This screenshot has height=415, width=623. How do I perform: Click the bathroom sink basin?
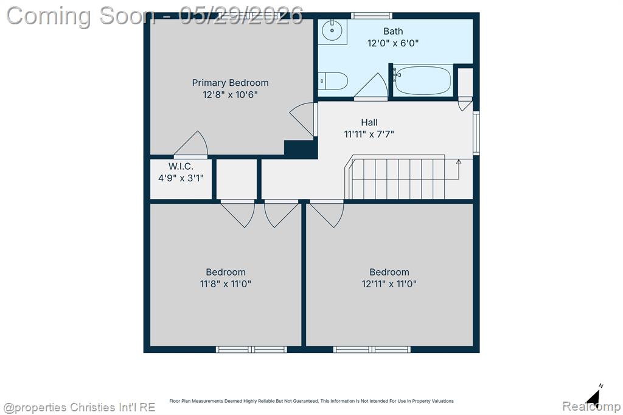332,30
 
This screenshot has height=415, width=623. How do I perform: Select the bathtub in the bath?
423,80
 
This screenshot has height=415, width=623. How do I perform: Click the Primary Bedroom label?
230,83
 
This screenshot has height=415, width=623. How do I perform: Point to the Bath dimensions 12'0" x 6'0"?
393,43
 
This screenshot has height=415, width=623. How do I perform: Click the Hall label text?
369,122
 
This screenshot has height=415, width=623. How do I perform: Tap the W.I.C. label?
181,166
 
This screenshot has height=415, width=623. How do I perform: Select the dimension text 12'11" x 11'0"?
389,284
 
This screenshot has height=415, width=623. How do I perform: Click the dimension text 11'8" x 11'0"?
225,284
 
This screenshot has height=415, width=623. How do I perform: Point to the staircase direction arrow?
459,169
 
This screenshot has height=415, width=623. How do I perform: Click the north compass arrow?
594,396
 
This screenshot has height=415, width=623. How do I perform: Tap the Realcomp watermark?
591,406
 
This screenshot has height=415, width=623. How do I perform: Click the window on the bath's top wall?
372,15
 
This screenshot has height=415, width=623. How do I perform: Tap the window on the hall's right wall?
476,133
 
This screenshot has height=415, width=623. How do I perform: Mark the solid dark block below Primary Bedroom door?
301,149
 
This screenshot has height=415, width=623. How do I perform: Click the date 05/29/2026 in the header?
241,16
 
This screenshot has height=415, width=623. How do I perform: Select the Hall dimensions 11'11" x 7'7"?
369,134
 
